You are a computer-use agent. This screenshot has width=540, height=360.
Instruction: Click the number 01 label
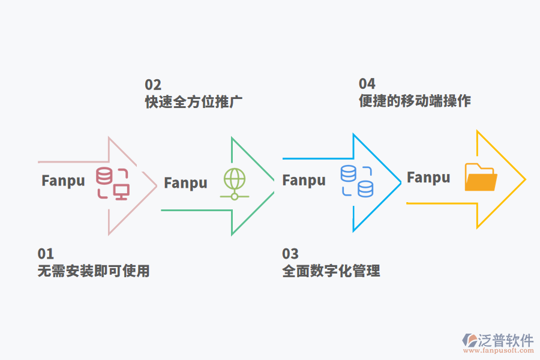pos(46,254)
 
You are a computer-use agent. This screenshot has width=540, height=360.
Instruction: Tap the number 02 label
pos(153,85)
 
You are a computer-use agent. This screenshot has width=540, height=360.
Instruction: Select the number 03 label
pos(290,254)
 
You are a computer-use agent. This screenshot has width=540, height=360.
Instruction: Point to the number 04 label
pos(367,83)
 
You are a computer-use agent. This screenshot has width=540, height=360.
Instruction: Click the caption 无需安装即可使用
pos(94,271)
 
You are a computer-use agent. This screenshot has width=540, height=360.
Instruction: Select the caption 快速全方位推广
pos(194,101)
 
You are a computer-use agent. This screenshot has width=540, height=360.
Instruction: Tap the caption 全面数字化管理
pos(331,271)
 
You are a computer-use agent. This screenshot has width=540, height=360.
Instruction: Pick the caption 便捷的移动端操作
pos(415,101)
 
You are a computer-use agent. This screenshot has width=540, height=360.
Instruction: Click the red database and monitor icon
pos(113,183)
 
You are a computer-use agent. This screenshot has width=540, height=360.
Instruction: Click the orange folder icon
pos(481,178)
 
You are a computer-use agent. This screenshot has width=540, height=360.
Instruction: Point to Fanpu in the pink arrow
pos(63,181)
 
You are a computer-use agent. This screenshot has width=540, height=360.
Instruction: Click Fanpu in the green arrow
pos(185,183)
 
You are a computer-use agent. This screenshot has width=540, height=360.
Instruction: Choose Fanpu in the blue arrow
pos(304,180)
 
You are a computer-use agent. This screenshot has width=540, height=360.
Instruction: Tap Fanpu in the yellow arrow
pos(428,178)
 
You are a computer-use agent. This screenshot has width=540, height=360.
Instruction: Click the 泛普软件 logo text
pos(505,341)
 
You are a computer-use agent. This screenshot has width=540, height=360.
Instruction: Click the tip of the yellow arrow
pos(525,179)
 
